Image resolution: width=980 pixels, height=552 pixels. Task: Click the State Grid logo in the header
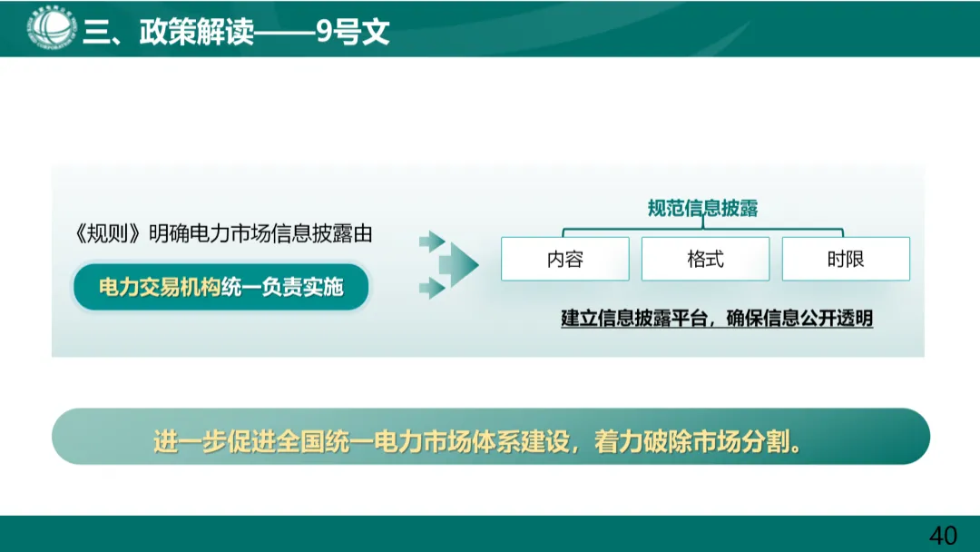[x=51, y=28]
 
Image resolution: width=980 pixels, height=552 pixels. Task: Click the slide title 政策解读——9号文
[x=263, y=33]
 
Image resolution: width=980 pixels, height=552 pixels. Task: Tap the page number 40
[x=943, y=535]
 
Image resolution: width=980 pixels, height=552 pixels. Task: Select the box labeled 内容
[x=564, y=259]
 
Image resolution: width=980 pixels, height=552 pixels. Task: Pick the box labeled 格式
[x=705, y=259]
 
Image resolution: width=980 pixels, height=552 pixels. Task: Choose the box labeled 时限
[x=846, y=259]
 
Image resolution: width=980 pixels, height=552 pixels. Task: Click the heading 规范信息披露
[x=702, y=209]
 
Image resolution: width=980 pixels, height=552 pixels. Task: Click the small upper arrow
[x=431, y=241]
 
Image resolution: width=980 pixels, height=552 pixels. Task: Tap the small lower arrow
[x=431, y=289]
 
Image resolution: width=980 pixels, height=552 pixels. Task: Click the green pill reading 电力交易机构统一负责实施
[x=221, y=287]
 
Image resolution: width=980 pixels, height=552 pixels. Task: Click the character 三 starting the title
[x=94, y=33]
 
